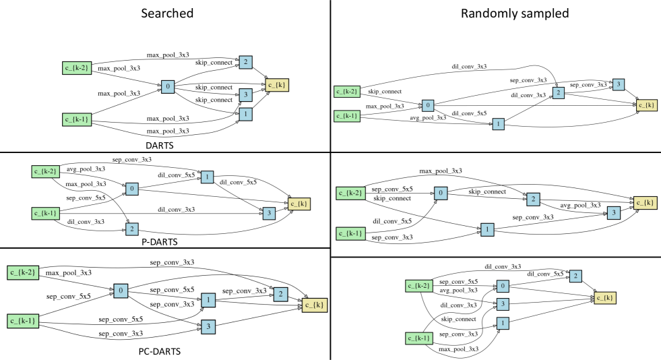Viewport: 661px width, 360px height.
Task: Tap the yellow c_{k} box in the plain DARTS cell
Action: (277, 85)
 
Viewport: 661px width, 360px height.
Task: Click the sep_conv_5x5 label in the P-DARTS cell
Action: (85, 198)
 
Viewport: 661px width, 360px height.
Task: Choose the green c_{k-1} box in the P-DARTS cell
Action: (44, 214)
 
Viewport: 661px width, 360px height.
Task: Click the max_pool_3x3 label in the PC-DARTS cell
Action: (69, 273)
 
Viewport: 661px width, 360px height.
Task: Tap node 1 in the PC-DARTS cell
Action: (209, 299)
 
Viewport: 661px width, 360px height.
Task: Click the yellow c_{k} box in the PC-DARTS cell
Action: (313, 305)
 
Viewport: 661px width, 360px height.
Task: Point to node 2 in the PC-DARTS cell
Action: (280, 293)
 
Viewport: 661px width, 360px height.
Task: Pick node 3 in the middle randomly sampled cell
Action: (613, 213)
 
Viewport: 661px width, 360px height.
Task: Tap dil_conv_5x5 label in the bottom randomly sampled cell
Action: (546, 273)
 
